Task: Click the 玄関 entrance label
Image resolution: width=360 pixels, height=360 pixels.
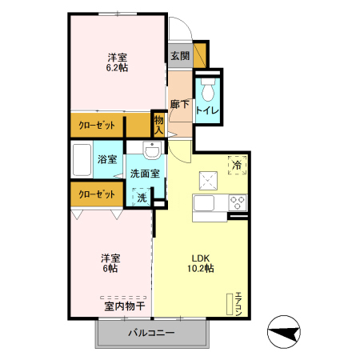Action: (179, 56)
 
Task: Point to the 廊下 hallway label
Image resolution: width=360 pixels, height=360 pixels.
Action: (179, 104)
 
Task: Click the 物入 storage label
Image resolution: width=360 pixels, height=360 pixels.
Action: (158, 125)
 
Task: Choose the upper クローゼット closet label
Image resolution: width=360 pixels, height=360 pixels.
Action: (97, 126)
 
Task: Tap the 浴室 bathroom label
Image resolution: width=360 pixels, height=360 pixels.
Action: (106, 159)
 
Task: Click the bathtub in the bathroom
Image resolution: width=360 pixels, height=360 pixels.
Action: (81, 159)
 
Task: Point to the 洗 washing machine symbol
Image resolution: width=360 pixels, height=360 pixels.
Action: (141, 198)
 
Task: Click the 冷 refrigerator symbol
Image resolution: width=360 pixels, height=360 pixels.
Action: (237, 164)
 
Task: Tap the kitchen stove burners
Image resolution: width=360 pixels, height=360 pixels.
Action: (237, 201)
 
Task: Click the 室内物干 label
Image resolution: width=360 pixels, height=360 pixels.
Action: (124, 306)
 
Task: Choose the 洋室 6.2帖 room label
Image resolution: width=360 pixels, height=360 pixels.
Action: (118, 62)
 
